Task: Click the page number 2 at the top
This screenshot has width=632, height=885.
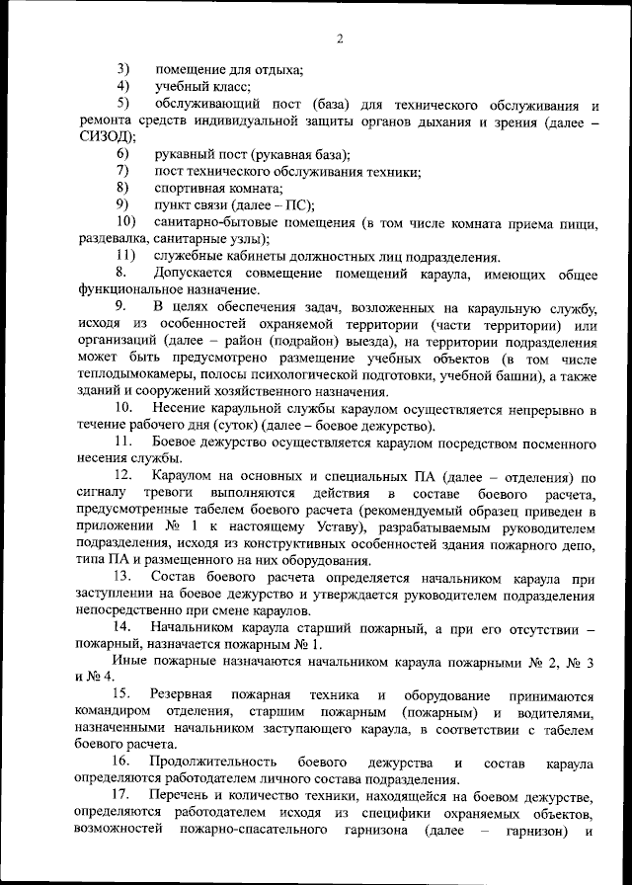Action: (339, 39)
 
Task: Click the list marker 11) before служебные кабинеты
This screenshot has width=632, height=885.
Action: (126, 256)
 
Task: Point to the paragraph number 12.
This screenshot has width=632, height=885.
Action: (125, 478)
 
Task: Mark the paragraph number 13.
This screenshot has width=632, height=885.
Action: (125, 576)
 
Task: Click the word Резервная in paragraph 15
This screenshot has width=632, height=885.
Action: (186, 695)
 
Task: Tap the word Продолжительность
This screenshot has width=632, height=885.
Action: (208, 764)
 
